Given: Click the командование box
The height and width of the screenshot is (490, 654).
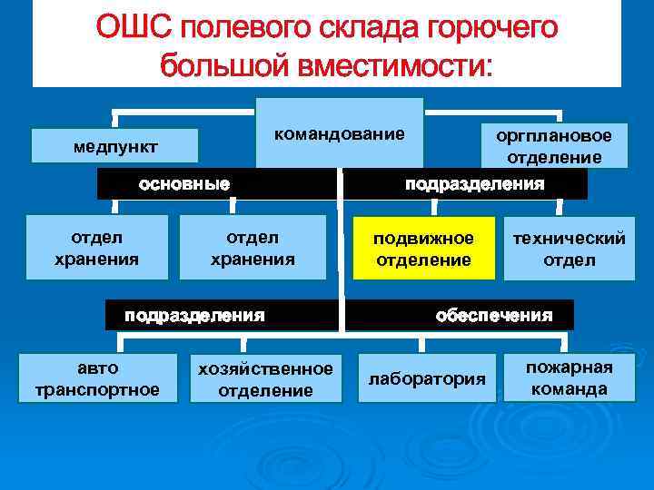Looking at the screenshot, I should click(x=340, y=133).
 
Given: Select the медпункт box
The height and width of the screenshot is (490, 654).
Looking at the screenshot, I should click(x=114, y=146).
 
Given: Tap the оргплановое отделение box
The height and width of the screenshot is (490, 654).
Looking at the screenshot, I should click(x=554, y=146).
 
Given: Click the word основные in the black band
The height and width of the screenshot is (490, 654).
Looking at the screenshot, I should click(x=183, y=184).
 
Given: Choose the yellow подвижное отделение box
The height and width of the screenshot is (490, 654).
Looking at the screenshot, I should click(x=424, y=249).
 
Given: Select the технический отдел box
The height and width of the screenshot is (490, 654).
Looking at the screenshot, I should click(x=570, y=249).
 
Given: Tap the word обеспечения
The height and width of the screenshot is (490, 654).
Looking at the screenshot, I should click(x=493, y=316).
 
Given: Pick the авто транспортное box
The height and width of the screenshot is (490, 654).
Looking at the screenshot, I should click(x=96, y=378).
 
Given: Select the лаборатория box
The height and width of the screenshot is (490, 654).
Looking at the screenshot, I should click(x=427, y=378).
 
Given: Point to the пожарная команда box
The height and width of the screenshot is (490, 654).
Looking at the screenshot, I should click(x=570, y=377).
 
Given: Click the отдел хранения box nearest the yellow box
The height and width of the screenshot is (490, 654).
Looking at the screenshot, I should click(x=253, y=248).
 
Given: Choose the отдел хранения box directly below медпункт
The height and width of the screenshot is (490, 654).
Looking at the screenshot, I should click(x=96, y=248).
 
